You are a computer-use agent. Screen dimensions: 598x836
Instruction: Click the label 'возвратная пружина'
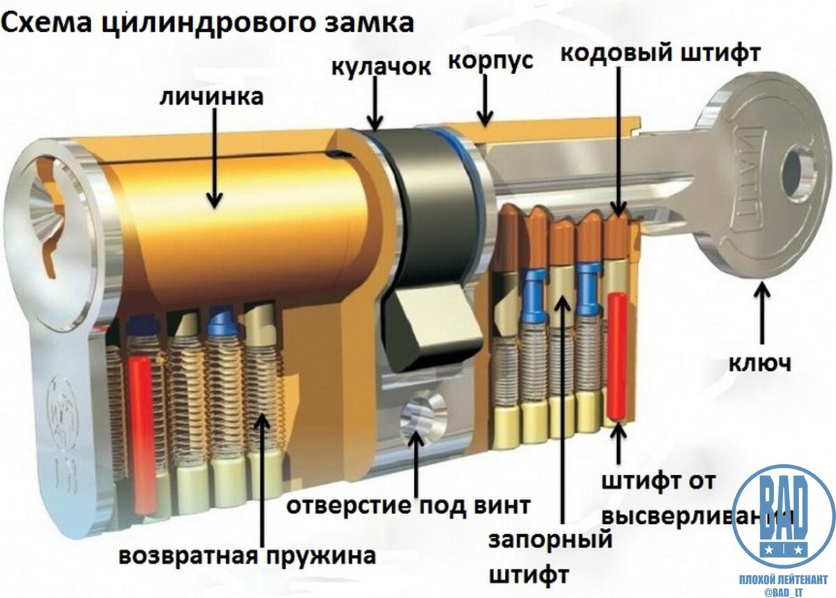[x=247, y=556]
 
